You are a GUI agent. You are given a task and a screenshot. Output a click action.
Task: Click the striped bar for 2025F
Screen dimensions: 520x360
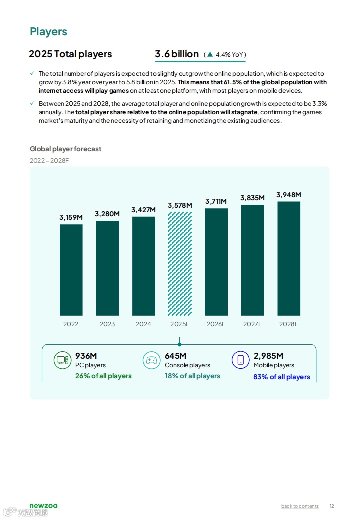click(180, 263)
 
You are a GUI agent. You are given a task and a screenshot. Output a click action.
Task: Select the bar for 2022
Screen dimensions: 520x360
click(71, 270)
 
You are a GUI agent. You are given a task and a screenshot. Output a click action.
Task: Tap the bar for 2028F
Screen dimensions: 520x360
click(289, 258)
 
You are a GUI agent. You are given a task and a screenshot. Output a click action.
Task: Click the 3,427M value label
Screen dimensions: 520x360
click(143, 210)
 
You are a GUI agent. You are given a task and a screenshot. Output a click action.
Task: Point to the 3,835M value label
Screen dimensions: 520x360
click(252, 198)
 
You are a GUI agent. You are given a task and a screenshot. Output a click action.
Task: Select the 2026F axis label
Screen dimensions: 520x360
click(216, 324)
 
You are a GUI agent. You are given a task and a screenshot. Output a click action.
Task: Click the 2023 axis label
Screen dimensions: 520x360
click(107, 324)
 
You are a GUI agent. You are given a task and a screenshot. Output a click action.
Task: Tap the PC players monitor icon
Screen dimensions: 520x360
click(62, 360)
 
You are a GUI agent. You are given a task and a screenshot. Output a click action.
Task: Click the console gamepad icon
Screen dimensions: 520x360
click(152, 360)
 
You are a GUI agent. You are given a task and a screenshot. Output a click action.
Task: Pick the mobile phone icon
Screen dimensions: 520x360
click(240, 360)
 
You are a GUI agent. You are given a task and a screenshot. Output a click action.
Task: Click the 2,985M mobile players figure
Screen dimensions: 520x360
click(268, 356)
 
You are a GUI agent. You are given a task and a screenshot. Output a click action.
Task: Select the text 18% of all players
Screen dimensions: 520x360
click(192, 376)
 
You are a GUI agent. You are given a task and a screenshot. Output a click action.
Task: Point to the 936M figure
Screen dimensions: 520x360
click(86, 356)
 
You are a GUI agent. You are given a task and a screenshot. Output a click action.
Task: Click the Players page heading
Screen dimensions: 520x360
click(48, 32)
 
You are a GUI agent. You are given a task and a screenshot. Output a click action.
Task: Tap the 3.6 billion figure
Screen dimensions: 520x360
click(177, 54)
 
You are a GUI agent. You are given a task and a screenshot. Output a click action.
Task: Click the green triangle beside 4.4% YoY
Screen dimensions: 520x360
click(210, 54)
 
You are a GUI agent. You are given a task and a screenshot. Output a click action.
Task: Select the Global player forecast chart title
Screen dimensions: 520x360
click(65, 149)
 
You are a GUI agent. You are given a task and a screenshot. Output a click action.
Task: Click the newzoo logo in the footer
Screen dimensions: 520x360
click(43, 506)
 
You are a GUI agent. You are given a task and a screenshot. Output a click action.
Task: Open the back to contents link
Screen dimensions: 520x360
click(300, 506)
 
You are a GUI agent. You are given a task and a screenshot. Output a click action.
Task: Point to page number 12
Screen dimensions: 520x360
click(332, 506)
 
